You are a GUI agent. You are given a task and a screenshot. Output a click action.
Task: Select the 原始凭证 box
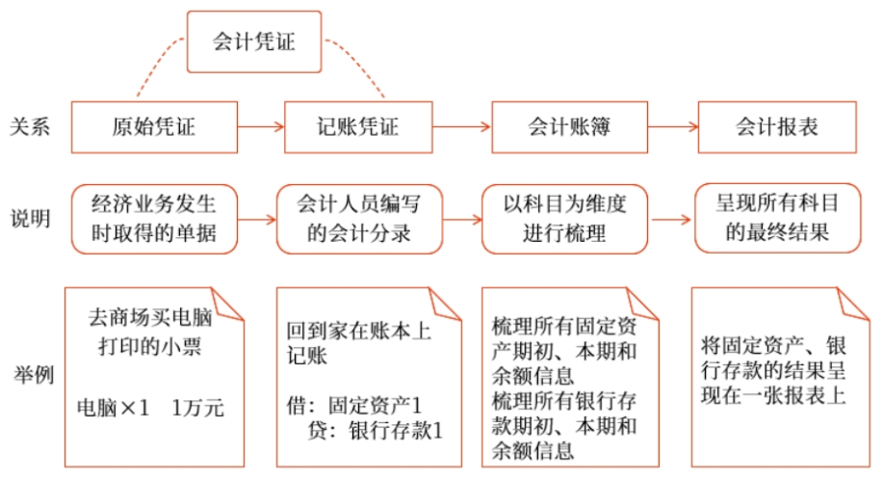coord(154,126)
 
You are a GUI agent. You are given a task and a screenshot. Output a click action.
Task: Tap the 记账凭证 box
coord(357,126)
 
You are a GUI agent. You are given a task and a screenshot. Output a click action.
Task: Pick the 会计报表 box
coord(776,126)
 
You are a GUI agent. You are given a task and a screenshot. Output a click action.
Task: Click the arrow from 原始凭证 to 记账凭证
coord(261,126)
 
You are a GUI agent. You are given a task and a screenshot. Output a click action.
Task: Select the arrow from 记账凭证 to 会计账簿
coord(459,126)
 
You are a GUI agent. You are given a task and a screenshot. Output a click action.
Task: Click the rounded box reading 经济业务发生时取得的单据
coord(154,219)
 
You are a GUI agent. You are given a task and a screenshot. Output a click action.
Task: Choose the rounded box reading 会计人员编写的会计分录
coord(357,219)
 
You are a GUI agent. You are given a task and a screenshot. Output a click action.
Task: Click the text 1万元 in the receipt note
coord(197,408)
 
